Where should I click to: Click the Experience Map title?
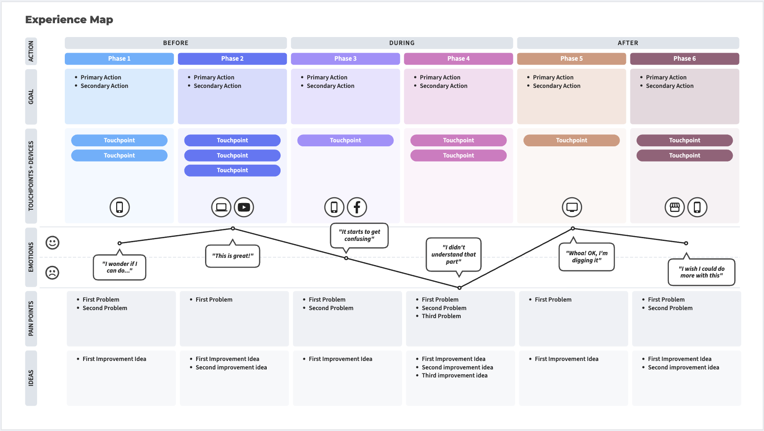point(69,20)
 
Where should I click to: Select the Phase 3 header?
point(345,58)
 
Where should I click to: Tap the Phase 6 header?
point(684,58)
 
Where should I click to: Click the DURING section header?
point(402,43)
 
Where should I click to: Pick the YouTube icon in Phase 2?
point(244,207)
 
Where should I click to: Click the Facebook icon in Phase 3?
point(357,207)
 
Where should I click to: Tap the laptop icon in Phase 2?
point(221,207)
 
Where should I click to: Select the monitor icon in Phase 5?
point(572,207)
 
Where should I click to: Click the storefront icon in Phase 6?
point(675,207)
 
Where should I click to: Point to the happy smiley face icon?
point(53,243)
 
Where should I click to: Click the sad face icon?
point(53,273)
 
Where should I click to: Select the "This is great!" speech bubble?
point(232,256)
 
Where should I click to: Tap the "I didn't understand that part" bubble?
point(453,254)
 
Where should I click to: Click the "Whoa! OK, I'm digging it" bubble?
point(587,257)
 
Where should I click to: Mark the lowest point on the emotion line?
point(459,288)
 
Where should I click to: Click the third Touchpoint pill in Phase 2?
point(232,170)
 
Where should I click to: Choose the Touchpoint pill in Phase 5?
point(571,140)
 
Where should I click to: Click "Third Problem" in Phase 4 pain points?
point(441,316)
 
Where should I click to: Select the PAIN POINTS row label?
point(31,319)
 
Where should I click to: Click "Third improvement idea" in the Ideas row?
point(454,375)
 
